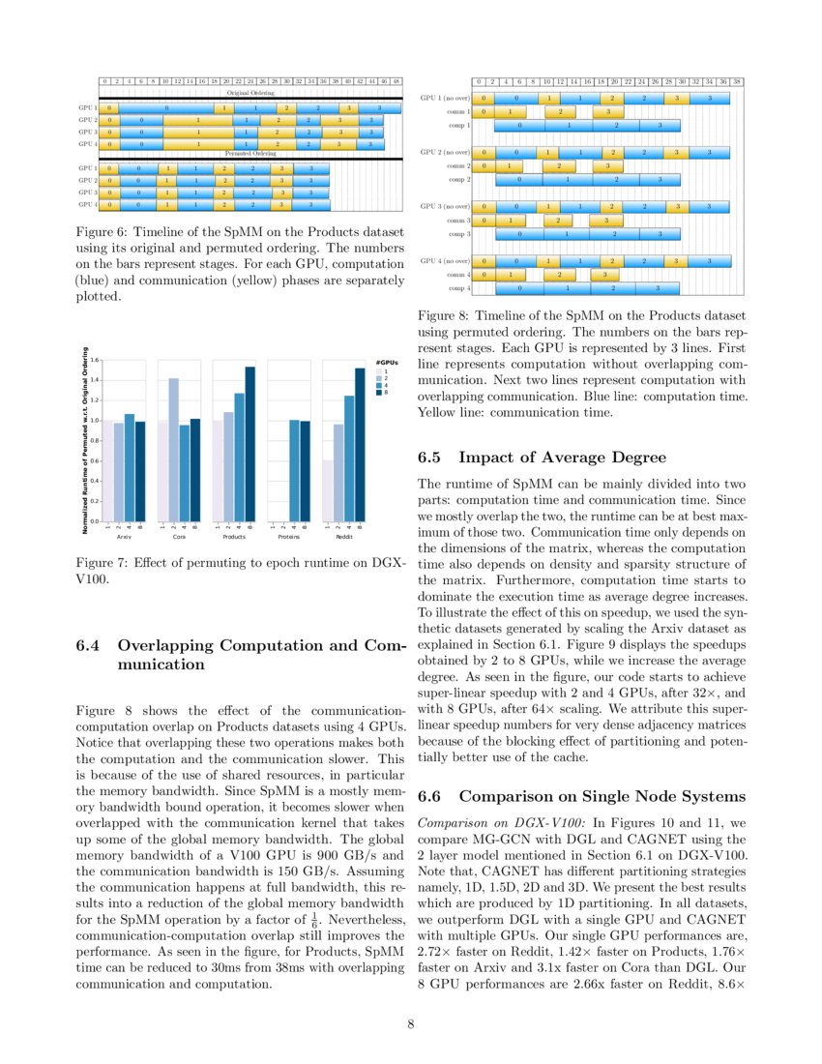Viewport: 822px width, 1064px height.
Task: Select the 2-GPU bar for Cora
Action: tap(173, 449)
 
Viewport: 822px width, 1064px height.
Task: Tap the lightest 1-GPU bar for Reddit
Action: tap(329, 489)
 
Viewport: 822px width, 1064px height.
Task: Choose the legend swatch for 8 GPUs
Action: tap(380, 392)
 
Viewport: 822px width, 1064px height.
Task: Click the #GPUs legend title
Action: tap(386, 363)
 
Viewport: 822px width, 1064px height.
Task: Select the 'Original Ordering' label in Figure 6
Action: tap(250, 92)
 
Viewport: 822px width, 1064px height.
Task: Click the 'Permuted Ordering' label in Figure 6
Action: tap(250, 153)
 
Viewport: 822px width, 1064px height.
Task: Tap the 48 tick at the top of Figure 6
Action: tap(396, 81)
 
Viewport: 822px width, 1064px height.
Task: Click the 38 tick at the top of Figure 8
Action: tap(737, 82)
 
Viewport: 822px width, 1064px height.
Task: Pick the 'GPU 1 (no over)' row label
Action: tap(445, 98)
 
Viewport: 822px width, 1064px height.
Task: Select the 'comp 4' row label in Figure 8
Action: tap(458, 288)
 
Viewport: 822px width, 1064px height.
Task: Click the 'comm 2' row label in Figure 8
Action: tap(457, 165)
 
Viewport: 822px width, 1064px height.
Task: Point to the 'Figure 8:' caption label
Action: tap(444, 316)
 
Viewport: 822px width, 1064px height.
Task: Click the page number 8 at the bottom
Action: tap(411, 1025)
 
